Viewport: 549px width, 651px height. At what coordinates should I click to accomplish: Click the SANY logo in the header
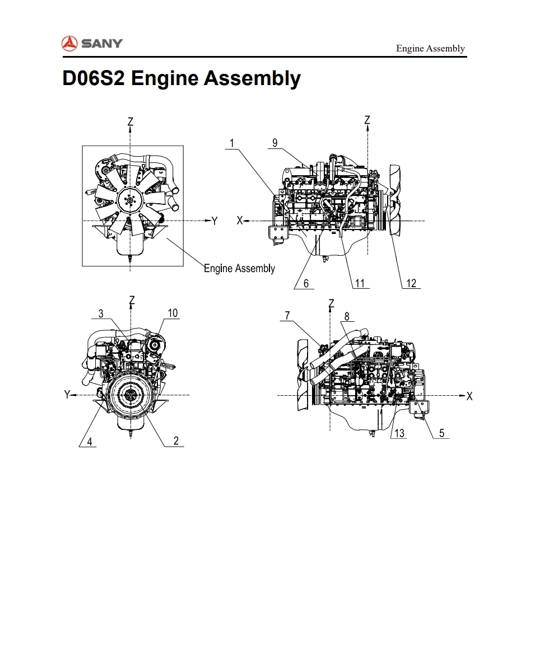click(x=92, y=43)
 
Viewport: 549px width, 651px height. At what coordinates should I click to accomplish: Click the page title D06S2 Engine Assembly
click(x=182, y=78)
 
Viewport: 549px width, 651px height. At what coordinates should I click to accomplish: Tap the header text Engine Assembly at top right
click(x=430, y=49)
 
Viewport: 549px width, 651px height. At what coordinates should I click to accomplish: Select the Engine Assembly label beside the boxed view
click(x=239, y=269)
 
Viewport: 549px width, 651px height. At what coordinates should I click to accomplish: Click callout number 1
click(x=232, y=143)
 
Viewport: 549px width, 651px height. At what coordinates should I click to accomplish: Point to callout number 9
click(x=274, y=143)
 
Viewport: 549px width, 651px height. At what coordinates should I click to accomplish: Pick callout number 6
click(x=306, y=283)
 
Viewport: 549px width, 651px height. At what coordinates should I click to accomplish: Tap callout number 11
click(x=360, y=283)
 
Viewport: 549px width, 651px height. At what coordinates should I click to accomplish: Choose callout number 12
click(x=411, y=283)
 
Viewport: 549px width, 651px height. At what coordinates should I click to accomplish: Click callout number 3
click(x=101, y=313)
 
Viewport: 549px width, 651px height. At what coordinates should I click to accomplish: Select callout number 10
click(x=173, y=313)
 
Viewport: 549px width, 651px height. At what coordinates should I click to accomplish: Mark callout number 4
click(x=89, y=442)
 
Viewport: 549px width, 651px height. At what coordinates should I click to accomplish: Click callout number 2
click(x=176, y=441)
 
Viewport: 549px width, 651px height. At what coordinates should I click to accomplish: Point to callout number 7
click(x=287, y=316)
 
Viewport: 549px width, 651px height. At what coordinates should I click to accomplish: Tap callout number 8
click(x=347, y=316)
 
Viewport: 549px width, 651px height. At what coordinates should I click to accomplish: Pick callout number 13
click(x=399, y=433)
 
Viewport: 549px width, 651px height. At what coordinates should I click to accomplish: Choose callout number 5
click(x=441, y=433)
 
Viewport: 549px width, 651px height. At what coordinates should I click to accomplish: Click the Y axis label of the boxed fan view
click(x=214, y=221)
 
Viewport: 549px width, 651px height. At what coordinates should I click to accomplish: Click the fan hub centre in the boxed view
click(x=131, y=200)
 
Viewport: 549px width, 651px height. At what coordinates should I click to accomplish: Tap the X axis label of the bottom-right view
click(x=469, y=396)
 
